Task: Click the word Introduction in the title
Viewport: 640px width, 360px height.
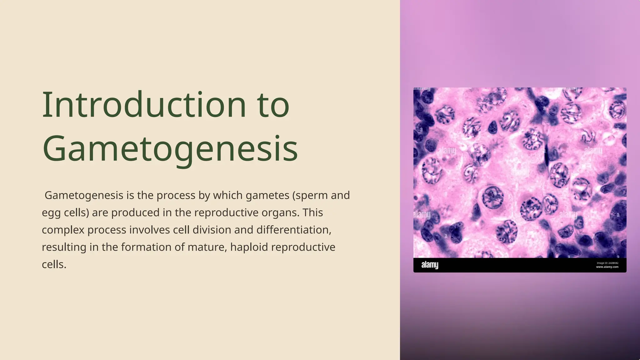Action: (x=144, y=105)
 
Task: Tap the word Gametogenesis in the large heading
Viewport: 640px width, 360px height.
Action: (x=170, y=149)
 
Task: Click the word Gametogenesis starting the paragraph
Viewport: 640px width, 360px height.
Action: (x=84, y=196)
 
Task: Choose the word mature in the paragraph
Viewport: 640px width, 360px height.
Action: (x=207, y=247)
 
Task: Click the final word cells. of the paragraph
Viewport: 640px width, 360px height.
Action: (x=54, y=265)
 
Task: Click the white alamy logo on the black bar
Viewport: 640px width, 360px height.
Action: (x=430, y=265)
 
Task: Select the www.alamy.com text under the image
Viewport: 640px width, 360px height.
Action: (x=607, y=267)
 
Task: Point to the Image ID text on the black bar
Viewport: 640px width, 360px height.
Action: (x=607, y=263)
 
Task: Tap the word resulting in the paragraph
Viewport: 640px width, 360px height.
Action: (x=64, y=247)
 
